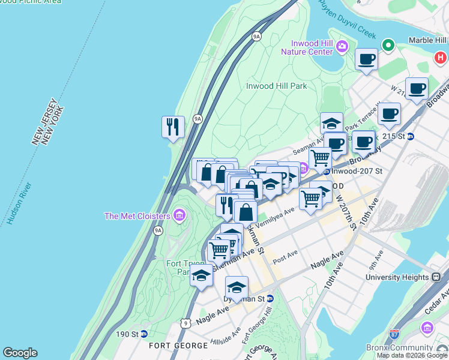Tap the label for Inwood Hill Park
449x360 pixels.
tap(277, 86)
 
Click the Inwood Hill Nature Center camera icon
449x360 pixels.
tap(342, 46)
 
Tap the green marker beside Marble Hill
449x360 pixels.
tap(389, 45)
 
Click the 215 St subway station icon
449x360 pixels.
tap(411, 136)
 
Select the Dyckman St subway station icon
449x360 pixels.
tap(270, 298)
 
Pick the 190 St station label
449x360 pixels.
tap(131, 334)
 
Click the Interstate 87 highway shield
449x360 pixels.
tap(394, 334)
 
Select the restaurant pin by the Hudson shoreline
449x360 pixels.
tap(173, 127)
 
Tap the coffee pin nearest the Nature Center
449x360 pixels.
tap(366, 59)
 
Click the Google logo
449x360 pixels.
tap(20, 353)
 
